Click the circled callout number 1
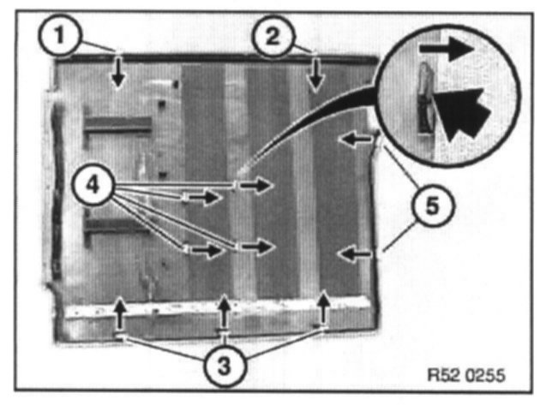pos(58,36)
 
